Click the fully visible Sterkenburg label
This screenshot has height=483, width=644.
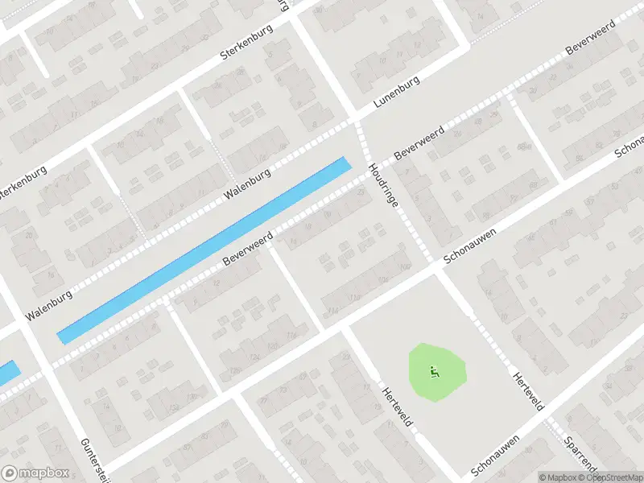click(x=246, y=43)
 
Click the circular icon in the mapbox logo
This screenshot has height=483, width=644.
click(x=10, y=473)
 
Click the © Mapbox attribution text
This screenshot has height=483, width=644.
click(x=560, y=477)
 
